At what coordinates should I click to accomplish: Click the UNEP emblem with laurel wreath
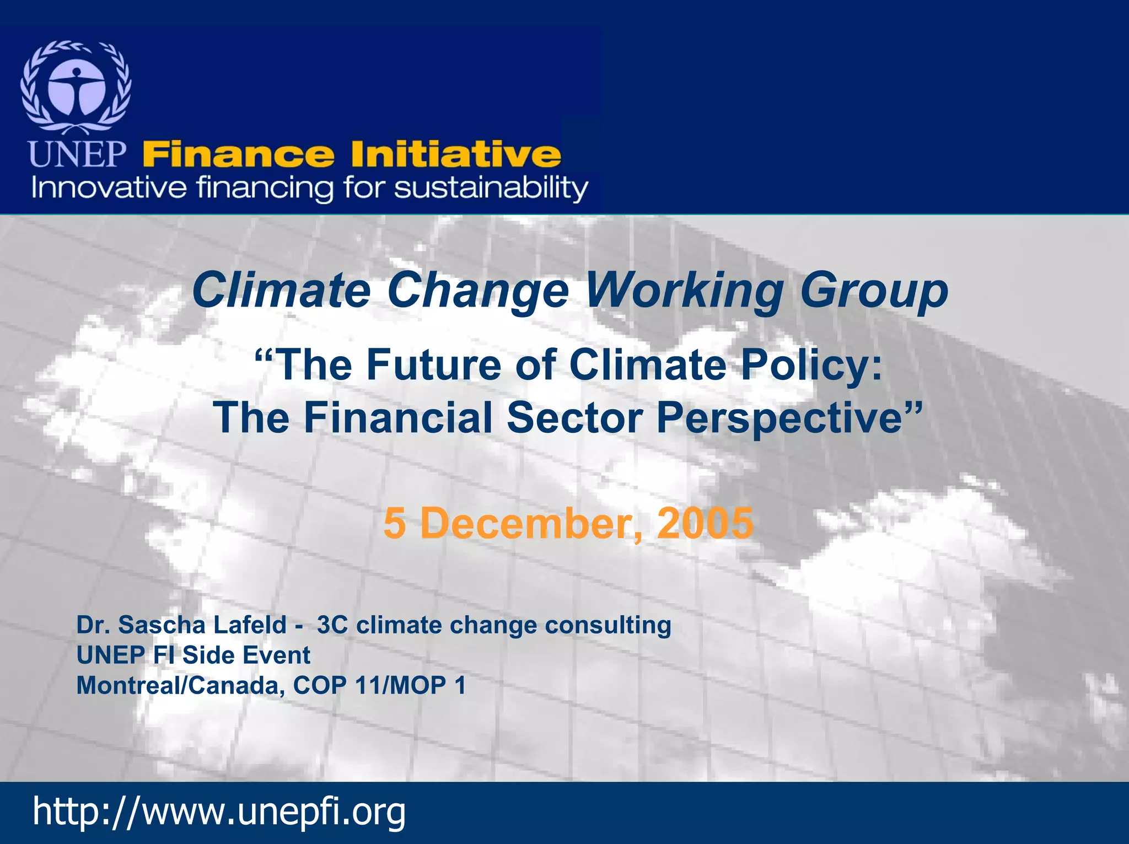(x=76, y=87)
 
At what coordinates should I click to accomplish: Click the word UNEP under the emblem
(x=77, y=154)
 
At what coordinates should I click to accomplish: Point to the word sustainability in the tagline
(x=491, y=189)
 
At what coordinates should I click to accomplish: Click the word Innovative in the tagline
(x=109, y=188)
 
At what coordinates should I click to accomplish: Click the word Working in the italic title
(x=684, y=291)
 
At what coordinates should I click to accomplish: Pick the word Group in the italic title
(x=874, y=292)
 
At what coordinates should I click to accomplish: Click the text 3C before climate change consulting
(x=332, y=625)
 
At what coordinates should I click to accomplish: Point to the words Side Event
(x=246, y=655)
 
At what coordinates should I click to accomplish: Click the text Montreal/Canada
(x=180, y=686)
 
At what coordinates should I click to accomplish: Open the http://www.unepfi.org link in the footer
(x=219, y=811)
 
